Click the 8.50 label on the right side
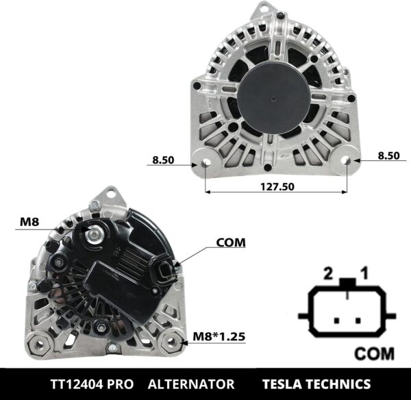tap(388, 155)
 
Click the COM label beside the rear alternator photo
tap(230, 242)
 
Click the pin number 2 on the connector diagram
tap(328, 273)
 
